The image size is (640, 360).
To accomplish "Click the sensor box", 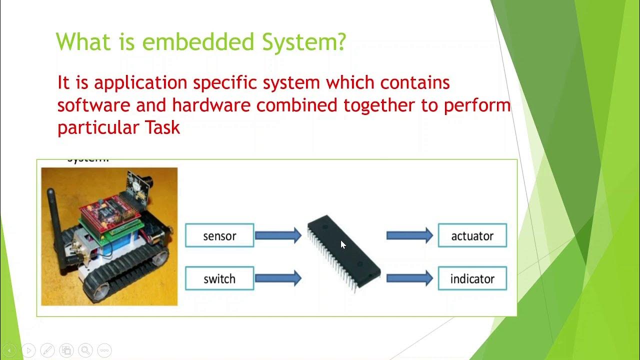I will point(219,235).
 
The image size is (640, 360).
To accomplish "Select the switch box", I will point(219,278).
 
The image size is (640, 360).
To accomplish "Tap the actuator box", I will point(472,235).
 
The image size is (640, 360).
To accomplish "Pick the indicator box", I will point(472,278).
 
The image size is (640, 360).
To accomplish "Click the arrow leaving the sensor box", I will point(278,235).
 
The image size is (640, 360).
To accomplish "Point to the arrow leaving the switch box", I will point(278,278).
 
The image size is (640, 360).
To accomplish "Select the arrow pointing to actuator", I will point(409,235).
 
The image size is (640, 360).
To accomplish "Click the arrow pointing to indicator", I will point(409,278).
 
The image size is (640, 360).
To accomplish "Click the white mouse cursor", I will point(343,244).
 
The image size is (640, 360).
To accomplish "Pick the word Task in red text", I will point(162,127).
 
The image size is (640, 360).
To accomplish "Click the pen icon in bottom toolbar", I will point(47,350).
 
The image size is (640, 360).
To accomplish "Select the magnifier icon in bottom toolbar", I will point(85,350).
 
